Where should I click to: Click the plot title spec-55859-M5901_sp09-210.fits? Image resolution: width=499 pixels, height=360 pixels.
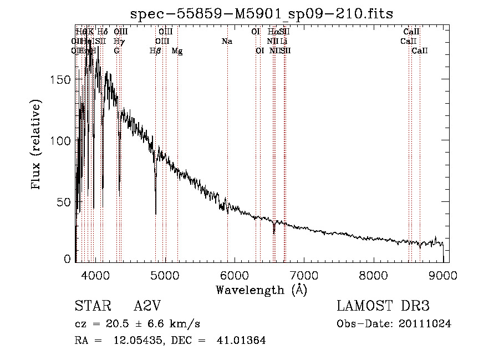(x=261, y=14)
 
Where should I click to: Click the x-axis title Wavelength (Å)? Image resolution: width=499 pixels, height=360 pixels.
(x=261, y=290)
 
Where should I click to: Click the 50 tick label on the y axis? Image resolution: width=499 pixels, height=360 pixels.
(x=65, y=202)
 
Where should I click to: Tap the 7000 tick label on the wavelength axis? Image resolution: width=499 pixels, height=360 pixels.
(x=304, y=276)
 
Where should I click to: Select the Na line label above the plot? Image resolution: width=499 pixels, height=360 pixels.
(x=226, y=42)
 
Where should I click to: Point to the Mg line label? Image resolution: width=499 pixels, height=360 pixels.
(x=177, y=51)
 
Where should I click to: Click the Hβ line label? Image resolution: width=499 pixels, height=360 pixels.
(x=156, y=51)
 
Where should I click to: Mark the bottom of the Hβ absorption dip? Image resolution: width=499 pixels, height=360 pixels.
(x=155, y=214)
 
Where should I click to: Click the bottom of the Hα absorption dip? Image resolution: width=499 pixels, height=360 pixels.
(x=274, y=233)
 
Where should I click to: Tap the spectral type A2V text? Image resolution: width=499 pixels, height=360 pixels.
(x=147, y=307)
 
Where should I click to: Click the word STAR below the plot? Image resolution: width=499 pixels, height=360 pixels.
(x=91, y=307)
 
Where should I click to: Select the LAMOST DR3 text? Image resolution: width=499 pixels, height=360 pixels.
(x=383, y=307)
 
